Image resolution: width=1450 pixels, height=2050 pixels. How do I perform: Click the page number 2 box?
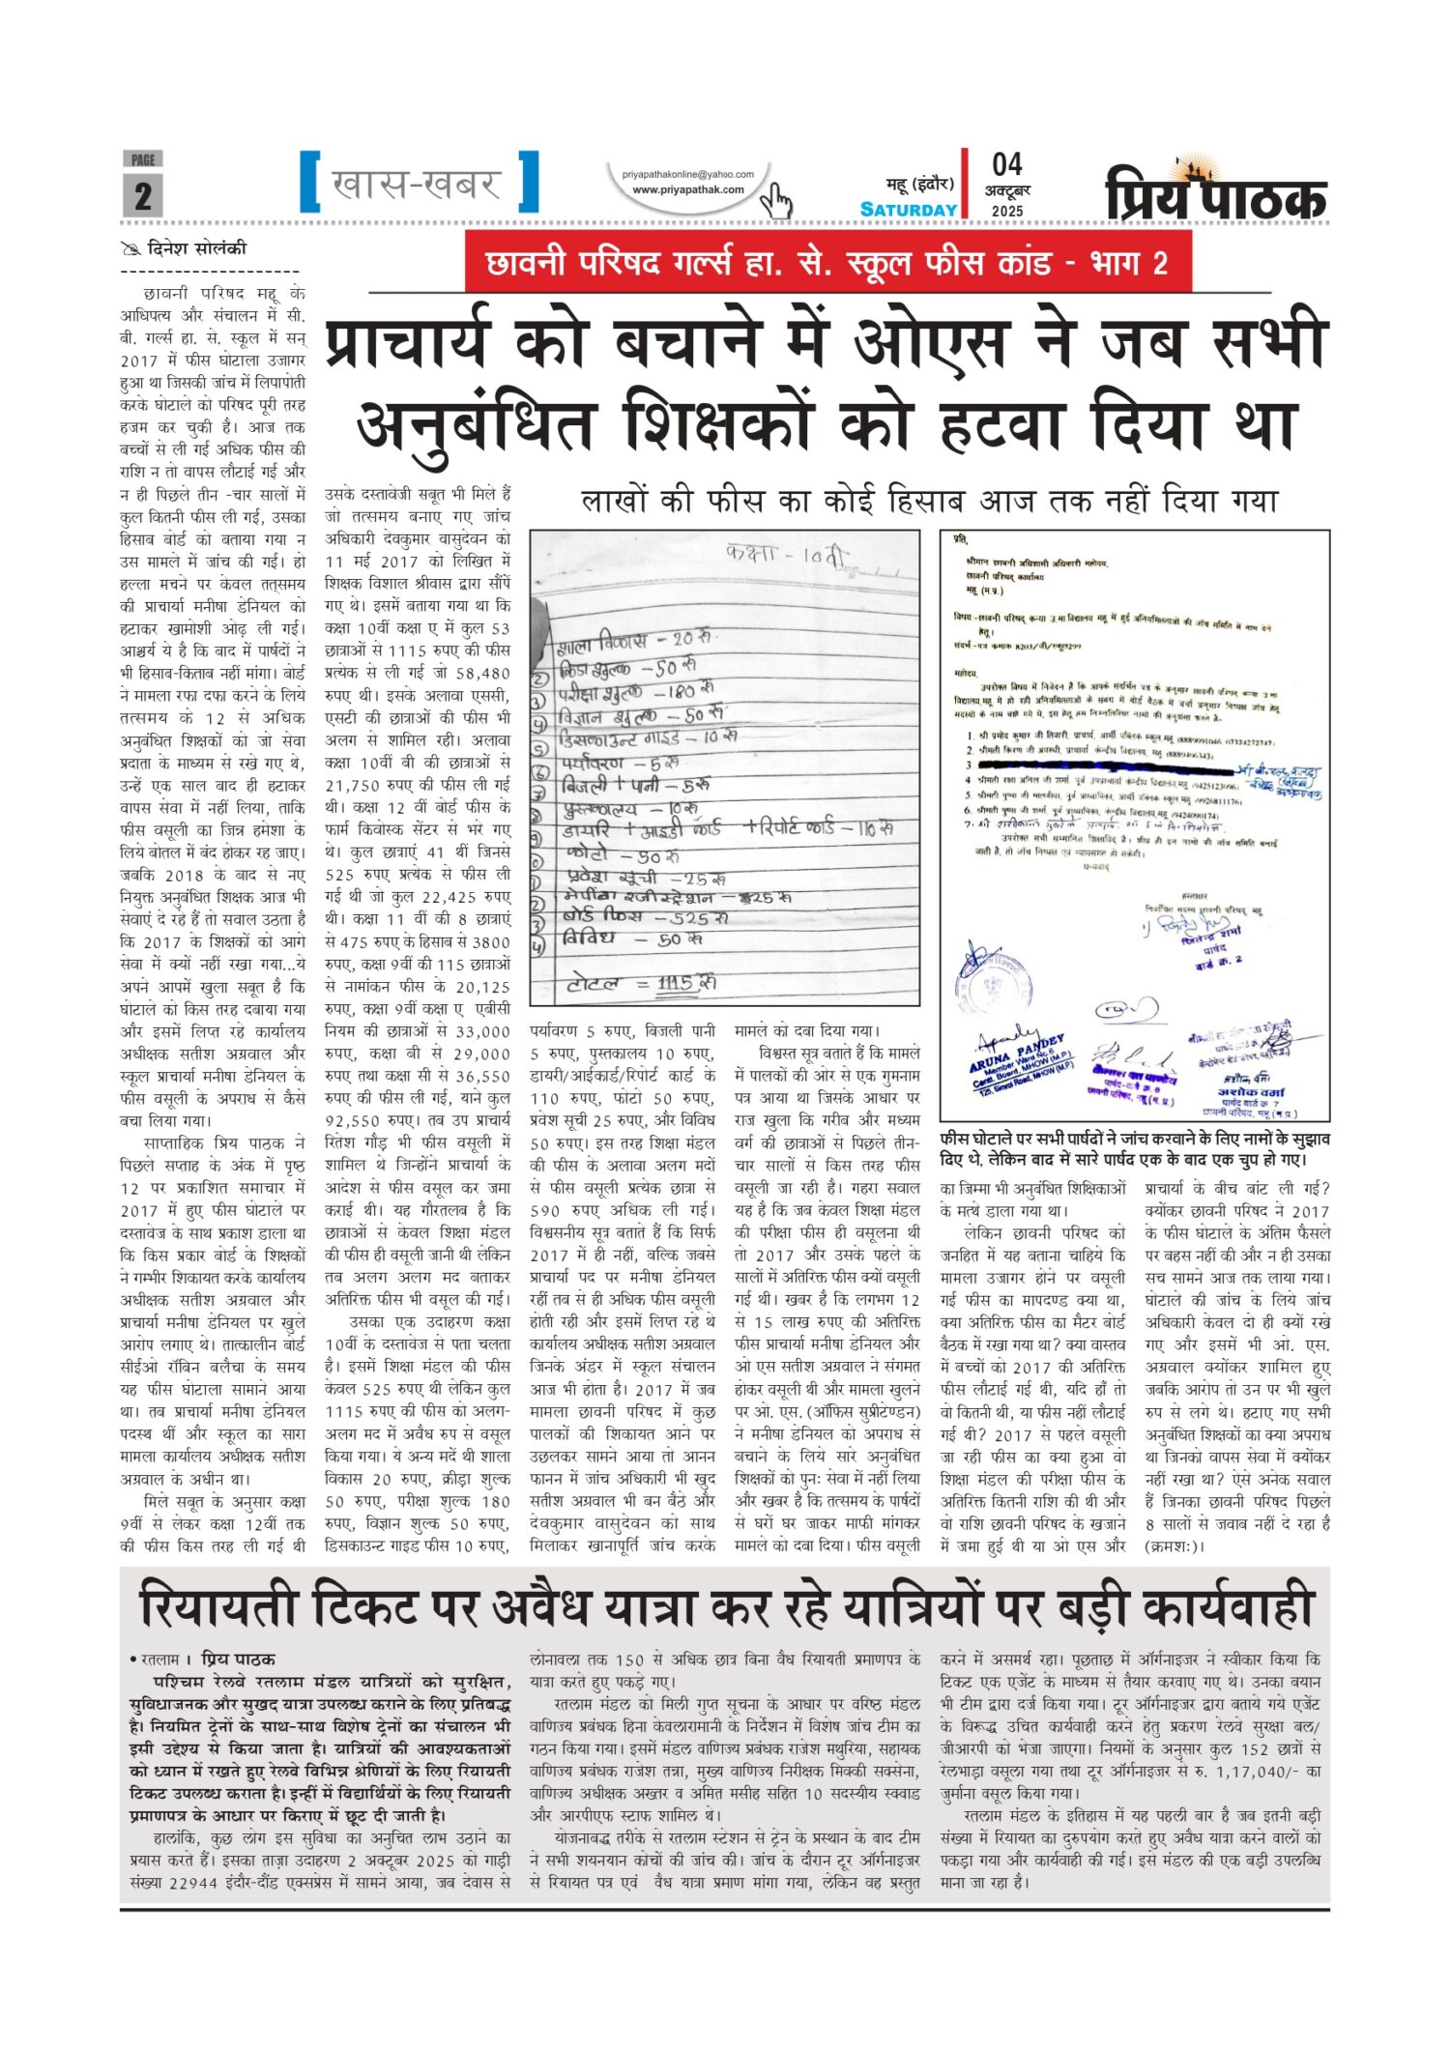coord(142,195)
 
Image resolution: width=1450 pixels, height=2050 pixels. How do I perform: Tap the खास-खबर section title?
coord(417,183)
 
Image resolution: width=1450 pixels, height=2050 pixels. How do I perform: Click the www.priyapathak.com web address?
coord(687,189)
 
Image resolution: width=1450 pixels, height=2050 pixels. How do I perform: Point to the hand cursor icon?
coord(774,201)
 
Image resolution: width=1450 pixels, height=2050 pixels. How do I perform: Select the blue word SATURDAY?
coord(908,210)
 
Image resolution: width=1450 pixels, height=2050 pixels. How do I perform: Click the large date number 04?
coord(1006,164)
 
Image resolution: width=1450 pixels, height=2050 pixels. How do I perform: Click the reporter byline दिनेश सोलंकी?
coord(196,248)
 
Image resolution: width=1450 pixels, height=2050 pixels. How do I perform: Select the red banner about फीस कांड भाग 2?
coord(827,263)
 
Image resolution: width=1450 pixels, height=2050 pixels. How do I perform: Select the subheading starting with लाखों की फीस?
coord(928,501)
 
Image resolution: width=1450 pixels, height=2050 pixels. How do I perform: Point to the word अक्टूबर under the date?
coord(1007,190)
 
